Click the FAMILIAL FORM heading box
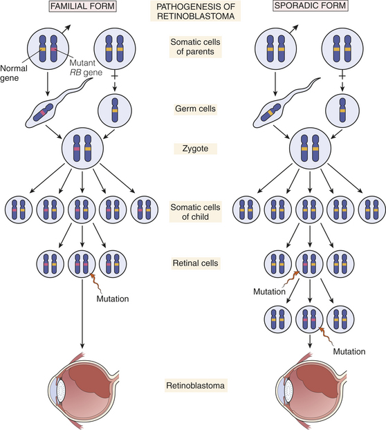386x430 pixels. [82, 6]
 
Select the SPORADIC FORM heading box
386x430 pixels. [311, 6]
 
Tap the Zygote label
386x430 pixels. [195, 149]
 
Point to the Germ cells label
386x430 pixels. [195, 109]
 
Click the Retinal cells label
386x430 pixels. [195, 263]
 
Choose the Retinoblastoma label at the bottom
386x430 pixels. [195, 386]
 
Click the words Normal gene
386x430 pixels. [13, 73]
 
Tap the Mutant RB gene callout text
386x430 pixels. [86, 68]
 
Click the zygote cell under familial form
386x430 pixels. [82, 149]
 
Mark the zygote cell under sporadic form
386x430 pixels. [310, 149]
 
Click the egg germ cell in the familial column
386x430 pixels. [115, 110]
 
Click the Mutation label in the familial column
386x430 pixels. [113, 299]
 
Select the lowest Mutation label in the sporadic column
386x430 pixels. [349, 352]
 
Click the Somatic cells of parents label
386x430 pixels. [195, 47]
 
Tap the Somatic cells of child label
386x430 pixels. [195, 212]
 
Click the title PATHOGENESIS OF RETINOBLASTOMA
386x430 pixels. [196, 11]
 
